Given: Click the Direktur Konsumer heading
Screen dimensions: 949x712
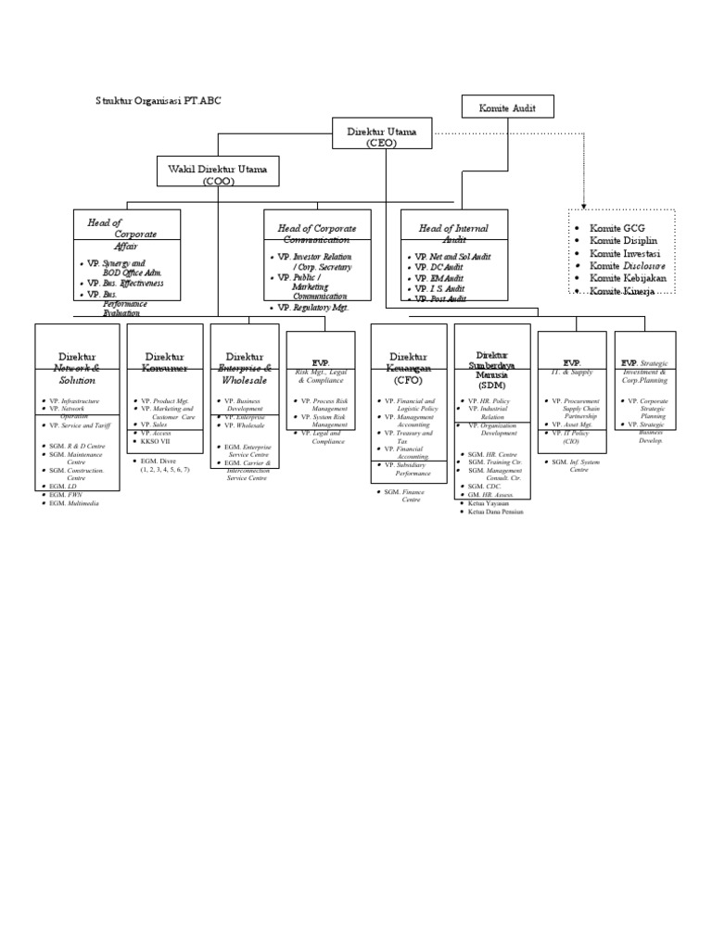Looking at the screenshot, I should click(164, 361).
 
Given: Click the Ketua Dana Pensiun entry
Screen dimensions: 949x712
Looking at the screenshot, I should click(496, 512).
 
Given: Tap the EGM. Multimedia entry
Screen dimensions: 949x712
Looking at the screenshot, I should click(74, 502).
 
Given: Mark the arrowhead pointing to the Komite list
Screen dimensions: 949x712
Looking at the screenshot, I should click(584, 207).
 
